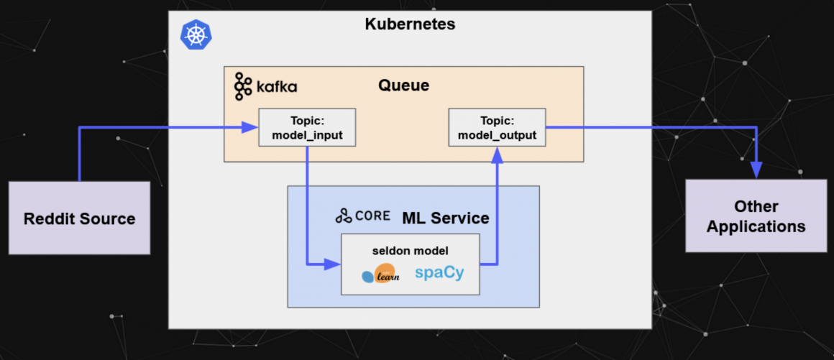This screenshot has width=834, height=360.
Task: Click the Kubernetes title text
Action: coord(410,24)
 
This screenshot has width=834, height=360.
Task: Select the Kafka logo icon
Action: coord(243,86)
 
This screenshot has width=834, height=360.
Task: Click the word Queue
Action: coord(403,86)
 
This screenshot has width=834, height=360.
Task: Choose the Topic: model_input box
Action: coord(307,127)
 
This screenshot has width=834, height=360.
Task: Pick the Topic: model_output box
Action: coord(497,127)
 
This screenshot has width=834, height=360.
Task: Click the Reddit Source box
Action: coord(79,218)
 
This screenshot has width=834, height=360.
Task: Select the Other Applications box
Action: coord(756,216)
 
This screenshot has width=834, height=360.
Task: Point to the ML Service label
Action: coord(445,218)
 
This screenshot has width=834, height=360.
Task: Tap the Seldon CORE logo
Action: coord(362,216)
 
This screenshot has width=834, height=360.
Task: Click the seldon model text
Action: coord(410,251)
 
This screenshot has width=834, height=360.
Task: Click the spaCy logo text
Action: coord(439,273)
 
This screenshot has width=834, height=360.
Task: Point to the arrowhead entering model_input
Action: coord(251,128)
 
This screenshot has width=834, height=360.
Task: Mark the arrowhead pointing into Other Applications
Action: coord(756,170)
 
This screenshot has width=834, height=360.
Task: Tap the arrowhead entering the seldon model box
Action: coord(334,264)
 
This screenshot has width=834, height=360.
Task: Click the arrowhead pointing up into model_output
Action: coord(497,154)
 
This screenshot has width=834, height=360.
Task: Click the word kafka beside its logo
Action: coord(276,88)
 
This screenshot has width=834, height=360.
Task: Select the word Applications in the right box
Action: coord(756,226)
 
